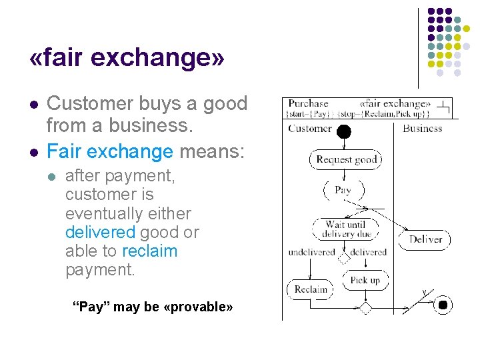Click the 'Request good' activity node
click(346, 159)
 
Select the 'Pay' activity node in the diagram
click(343, 190)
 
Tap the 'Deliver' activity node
click(425, 239)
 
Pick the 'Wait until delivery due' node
click(346, 229)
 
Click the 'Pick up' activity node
click(365, 280)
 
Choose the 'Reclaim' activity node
click(311, 289)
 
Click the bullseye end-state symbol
click(443, 306)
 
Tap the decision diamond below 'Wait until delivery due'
click(344, 257)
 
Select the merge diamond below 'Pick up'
click(365, 307)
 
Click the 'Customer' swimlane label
click(309, 129)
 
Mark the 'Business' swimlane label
click(423, 129)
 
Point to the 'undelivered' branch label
click(311, 253)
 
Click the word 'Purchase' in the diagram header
click(309, 104)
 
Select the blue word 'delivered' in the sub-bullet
click(101, 232)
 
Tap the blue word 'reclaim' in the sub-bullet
click(149, 251)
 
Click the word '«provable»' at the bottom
click(198, 307)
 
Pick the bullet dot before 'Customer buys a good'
click(33, 105)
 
